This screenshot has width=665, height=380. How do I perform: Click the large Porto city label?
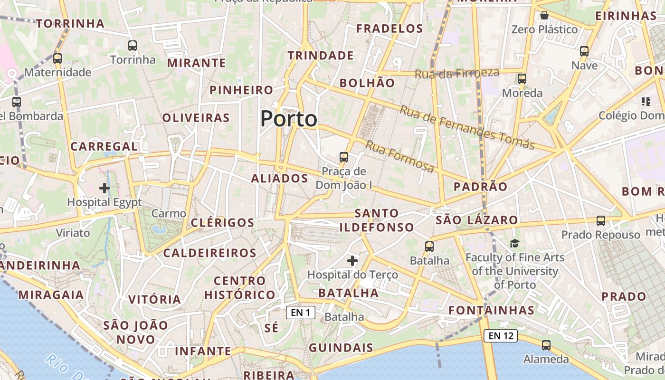tap(289, 119)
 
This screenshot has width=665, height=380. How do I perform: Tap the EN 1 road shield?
tap(301, 313)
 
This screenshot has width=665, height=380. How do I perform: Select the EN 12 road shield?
tap(500, 336)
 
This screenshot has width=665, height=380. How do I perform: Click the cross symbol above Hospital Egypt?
tap(104, 188)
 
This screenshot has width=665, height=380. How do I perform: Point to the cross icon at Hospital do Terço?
tap(352, 261)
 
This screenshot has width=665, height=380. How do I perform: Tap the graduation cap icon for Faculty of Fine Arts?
tap(515, 244)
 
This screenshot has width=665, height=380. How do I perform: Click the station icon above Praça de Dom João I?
tap(343, 157)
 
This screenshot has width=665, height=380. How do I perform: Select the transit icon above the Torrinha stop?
tap(133, 46)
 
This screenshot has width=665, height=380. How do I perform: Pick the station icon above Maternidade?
tap(57, 58)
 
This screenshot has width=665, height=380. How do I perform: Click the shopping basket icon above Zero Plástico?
tap(544, 16)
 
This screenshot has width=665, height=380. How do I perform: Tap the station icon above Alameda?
tap(546, 345)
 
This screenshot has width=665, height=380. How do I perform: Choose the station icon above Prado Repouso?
tap(601, 221)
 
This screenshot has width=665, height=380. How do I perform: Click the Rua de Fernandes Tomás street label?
tap(467, 127)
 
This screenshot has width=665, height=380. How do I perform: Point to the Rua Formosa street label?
tap(400, 156)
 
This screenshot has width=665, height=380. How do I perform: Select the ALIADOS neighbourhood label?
tap(279, 179)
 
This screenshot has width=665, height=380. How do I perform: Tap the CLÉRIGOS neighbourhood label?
tap(222, 223)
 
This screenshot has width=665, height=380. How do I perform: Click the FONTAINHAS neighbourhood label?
tap(492, 311)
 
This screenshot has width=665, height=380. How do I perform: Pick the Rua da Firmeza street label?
tap(457, 73)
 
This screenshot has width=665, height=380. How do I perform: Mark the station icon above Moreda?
tap(522, 79)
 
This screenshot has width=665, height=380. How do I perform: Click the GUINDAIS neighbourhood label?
tap(341, 348)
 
